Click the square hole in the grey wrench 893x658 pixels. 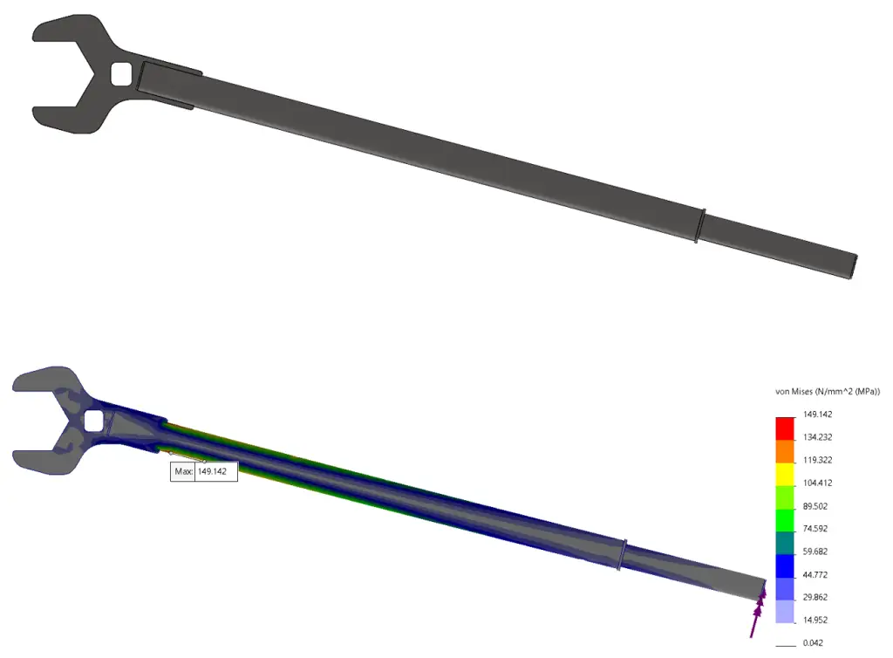click(122, 73)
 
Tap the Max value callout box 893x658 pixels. click(204, 471)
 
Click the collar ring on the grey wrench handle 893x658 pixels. click(699, 225)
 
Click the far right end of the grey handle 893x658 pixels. click(853, 265)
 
